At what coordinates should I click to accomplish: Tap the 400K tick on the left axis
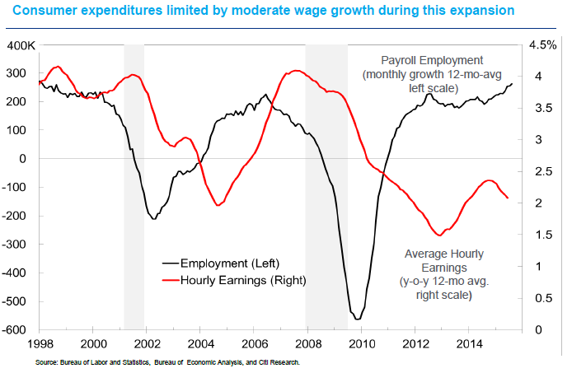[19, 44]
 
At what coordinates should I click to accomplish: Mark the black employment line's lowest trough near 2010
[357, 319]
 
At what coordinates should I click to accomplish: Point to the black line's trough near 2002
[153, 218]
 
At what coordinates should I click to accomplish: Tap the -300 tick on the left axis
[20, 245]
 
